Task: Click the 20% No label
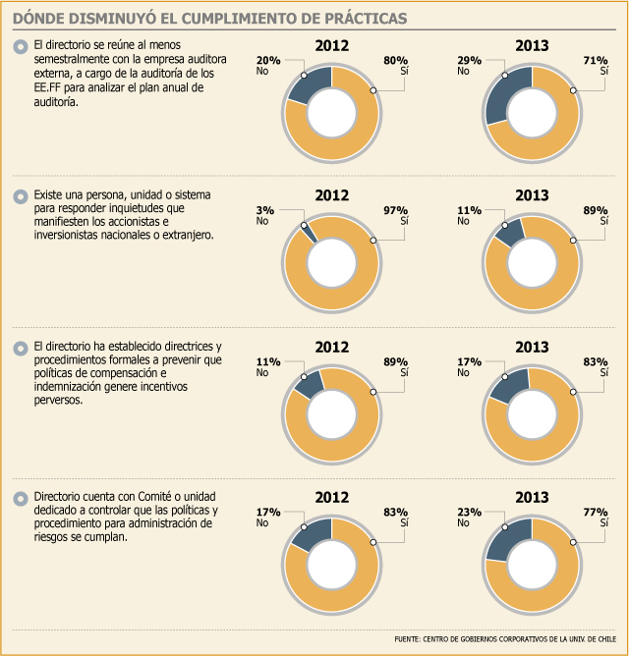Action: point(268,65)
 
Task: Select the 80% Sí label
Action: point(396,65)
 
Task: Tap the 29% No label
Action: point(469,65)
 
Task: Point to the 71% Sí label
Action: point(596,65)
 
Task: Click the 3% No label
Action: point(265,215)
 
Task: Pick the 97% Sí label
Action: point(396,215)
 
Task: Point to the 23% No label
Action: point(469,518)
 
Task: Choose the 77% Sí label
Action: point(596,518)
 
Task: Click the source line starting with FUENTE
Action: point(505,639)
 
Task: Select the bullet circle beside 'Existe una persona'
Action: point(21,196)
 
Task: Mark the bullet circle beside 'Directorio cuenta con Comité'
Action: point(21,498)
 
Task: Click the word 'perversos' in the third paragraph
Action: point(58,401)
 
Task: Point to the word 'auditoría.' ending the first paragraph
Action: point(56,102)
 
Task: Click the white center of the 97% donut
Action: point(331,263)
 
